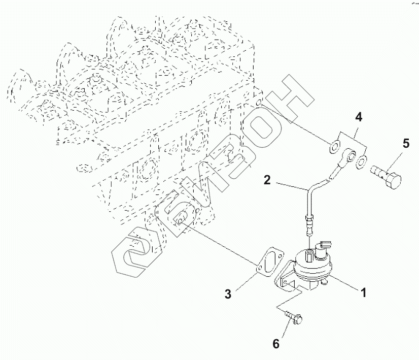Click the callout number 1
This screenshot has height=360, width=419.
pos(363,292)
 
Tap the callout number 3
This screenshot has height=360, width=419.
pos(228,293)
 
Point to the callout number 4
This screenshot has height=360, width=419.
pos(358,117)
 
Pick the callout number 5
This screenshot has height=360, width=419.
pos(406,144)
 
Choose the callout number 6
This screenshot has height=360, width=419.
pos(275,344)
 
